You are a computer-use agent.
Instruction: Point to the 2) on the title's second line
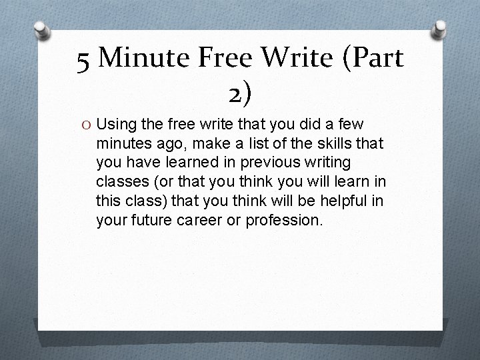pos(239,95)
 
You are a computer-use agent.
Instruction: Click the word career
pos(193,219)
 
